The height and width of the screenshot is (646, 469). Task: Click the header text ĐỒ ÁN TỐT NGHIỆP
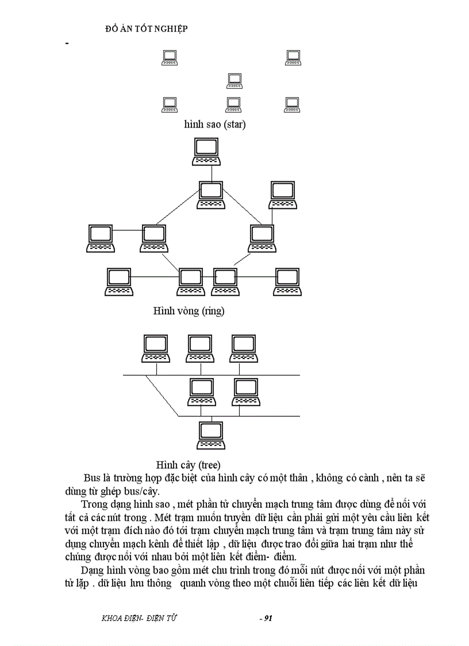pyautogui.click(x=147, y=29)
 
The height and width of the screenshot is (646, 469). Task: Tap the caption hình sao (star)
pyautogui.click(x=215, y=124)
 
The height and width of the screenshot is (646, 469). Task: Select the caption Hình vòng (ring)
pyautogui.click(x=189, y=311)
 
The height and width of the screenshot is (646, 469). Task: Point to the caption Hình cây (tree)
pyautogui.click(x=189, y=464)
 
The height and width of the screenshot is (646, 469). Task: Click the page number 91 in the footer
pyautogui.click(x=266, y=618)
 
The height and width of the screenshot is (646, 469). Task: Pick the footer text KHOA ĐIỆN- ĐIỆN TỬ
pyautogui.click(x=139, y=618)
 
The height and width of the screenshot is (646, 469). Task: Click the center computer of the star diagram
pyautogui.click(x=234, y=81)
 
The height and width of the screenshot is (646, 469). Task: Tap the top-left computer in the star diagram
pyautogui.click(x=170, y=57)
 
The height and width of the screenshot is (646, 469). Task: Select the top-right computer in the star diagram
pyautogui.click(x=293, y=57)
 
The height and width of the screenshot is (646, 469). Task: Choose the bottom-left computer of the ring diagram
pyautogui.click(x=119, y=282)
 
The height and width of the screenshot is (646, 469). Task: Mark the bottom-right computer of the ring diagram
pyautogui.click(x=288, y=282)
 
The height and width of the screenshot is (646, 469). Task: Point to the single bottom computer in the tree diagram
pyautogui.click(x=211, y=435)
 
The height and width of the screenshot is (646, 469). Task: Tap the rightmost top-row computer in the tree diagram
pyautogui.click(x=244, y=349)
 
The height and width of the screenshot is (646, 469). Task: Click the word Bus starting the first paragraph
pyautogui.click(x=92, y=478)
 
